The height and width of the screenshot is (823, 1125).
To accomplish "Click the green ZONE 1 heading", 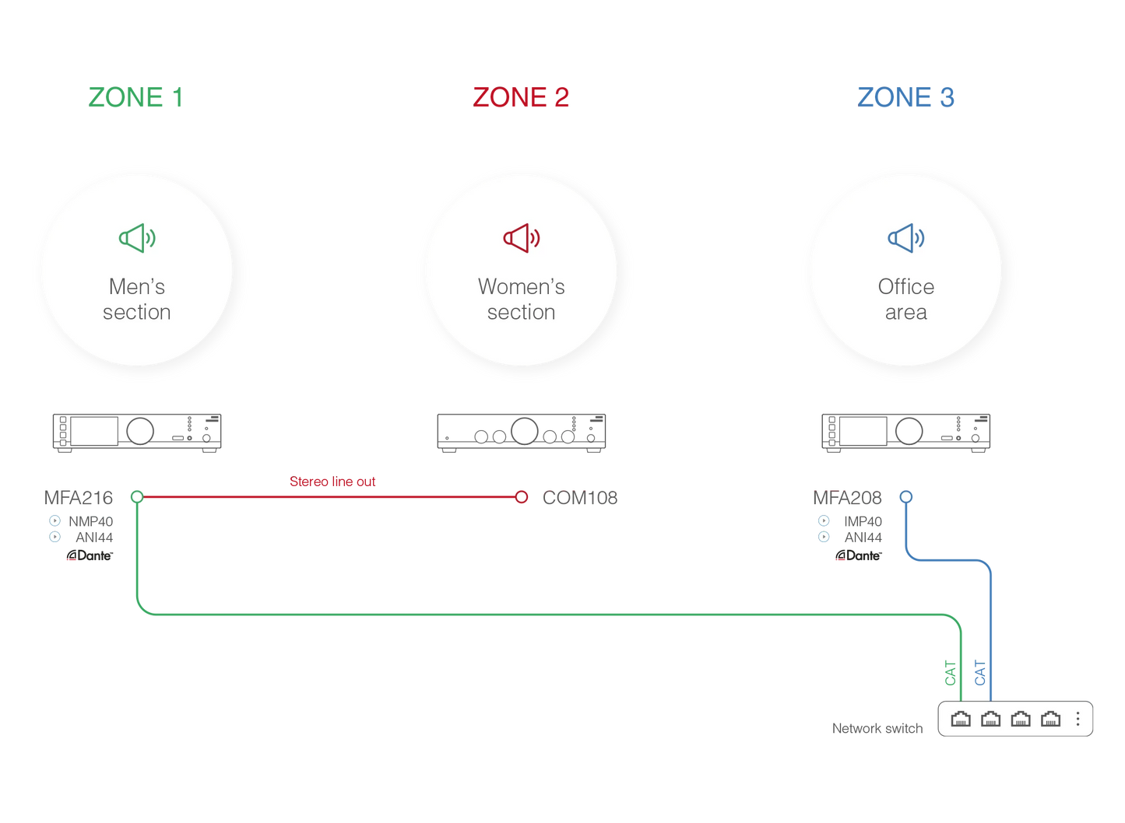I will [x=135, y=98].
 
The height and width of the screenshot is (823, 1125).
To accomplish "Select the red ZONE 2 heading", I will [x=521, y=98].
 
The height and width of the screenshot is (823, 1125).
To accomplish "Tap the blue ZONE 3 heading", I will [x=905, y=98].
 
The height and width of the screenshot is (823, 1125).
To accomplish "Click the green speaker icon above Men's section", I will [x=137, y=238].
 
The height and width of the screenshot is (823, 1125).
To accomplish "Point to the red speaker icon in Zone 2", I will [x=521, y=238].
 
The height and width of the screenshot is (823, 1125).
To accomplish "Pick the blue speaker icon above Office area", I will [x=906, y=238].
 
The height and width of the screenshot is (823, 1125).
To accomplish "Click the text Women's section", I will [x=521, y=299].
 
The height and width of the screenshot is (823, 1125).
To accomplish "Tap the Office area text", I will [x=906, y=299].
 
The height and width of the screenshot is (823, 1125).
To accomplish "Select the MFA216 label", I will [x=78, y=497].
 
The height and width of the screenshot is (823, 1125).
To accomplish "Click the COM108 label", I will [x=580, y=497].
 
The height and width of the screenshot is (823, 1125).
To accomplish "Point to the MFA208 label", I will [x=847, y=497].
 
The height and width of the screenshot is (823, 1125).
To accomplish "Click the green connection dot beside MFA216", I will [x=137, y=496].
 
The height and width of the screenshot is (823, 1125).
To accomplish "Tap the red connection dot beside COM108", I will [x=522, y=496].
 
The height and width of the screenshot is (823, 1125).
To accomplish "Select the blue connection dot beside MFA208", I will [x=906, y=496].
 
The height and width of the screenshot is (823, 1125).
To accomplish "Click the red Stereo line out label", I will [x=332, y=482].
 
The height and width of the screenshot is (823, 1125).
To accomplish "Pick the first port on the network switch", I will [x=961, y=719].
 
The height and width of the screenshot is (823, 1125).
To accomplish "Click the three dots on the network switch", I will [x=1078, y=719].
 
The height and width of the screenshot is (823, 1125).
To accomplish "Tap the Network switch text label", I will [x=877, y=728].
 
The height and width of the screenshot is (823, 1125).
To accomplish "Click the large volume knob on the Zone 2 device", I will [x=525, y=429].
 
